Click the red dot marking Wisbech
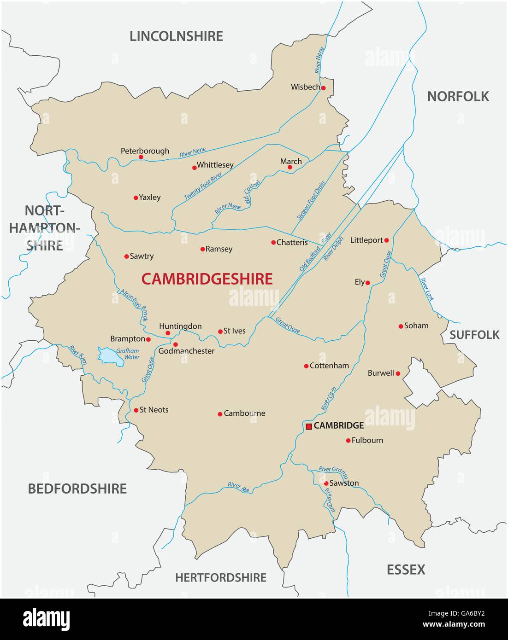(324, 88)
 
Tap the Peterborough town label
(145, 151)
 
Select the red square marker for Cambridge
(308, 426)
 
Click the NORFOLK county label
(458, 96)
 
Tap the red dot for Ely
(368, 283)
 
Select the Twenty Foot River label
(203, 186)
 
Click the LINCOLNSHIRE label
(176, 36)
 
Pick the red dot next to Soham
(401, 326)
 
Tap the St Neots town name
(154, 410)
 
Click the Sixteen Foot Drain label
(310, 200)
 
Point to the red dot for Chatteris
(273, 242)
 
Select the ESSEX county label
(406, 570)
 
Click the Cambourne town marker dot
(220, 414)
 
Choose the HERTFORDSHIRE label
(220, 577)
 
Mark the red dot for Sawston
(326, 483)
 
